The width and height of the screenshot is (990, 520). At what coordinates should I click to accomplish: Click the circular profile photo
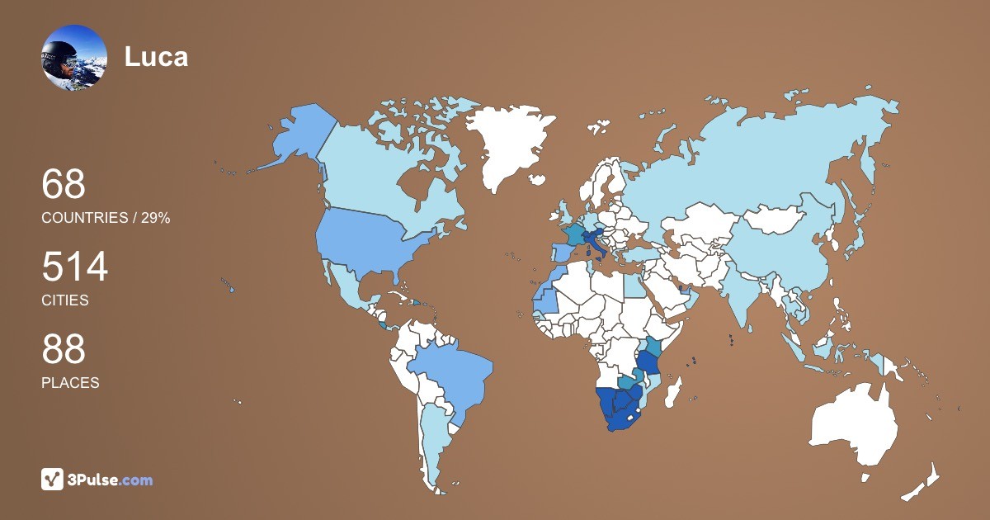pyautogui.click(x=74, y=57)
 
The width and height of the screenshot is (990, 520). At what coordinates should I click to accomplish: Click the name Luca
pyautogui.click(x=156, y=57)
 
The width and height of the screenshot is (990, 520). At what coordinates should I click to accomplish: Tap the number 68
pyautogui.click(x=64, y=185)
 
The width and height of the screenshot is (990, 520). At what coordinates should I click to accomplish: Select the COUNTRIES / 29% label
pyautogui.click(x=106, y=218)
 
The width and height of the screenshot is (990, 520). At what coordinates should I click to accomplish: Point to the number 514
pyautogui.click(x=75, y=267)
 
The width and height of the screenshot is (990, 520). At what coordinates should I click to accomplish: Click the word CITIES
pyautogui.click(x=65, y=300)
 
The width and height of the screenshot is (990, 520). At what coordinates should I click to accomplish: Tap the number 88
pyautogui.click(x=64, y=350)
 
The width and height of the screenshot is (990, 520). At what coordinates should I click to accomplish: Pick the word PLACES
pyautogui.click(x=70, y=383)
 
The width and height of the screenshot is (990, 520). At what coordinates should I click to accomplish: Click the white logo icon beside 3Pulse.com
pyautogui.click(x=53, y=480)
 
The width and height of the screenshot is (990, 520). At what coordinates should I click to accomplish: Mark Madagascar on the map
pyautogui.click(x=676, y=392)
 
